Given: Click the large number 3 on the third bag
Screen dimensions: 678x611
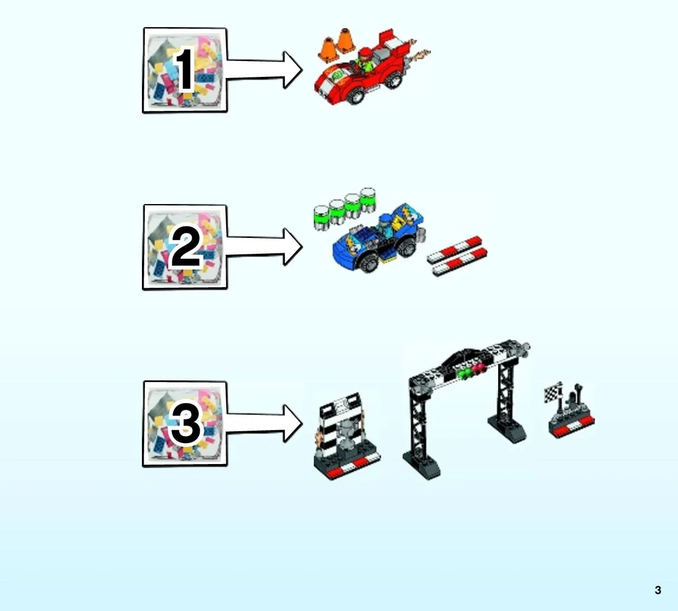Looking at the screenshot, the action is pyautogui.click(x=186, y=423).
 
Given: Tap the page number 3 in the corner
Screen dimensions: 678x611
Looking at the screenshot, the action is pyautogui.click(x=658, y=590).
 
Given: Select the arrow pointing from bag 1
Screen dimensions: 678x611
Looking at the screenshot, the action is pyautogui.click(x=264, y=70).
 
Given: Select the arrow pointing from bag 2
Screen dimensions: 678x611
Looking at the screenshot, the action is pyautogui.click(x=264, y=246).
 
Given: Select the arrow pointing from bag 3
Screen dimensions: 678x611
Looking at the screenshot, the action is pyautogui.click(x=264, y=423).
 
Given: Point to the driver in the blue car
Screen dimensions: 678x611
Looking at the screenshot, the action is pyautogui.click(x=385, y=225).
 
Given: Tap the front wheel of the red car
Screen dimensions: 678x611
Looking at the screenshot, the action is pyautogui.click(x=356, y=95).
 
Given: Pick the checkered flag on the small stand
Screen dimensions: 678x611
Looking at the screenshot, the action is pyautogui.click(x=551, y=393).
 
